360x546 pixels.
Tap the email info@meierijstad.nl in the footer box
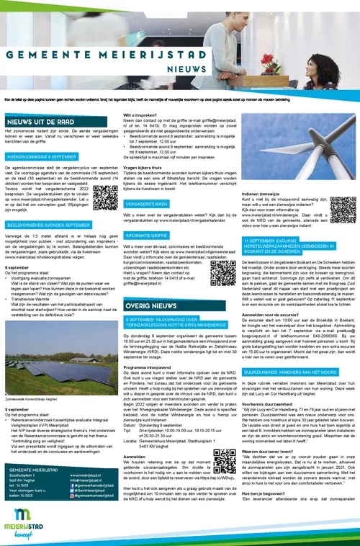click(91, 480)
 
